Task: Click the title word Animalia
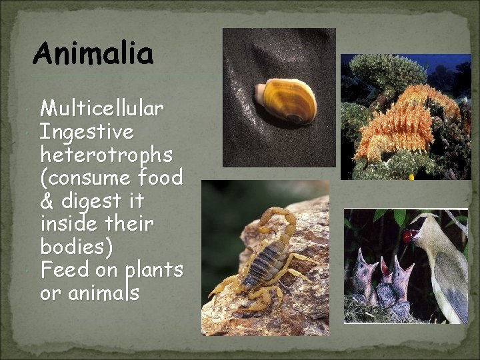93,53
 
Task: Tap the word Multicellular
102,108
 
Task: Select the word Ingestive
87,131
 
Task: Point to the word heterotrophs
106,155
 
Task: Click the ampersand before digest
47,201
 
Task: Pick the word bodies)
77,247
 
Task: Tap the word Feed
63,270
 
